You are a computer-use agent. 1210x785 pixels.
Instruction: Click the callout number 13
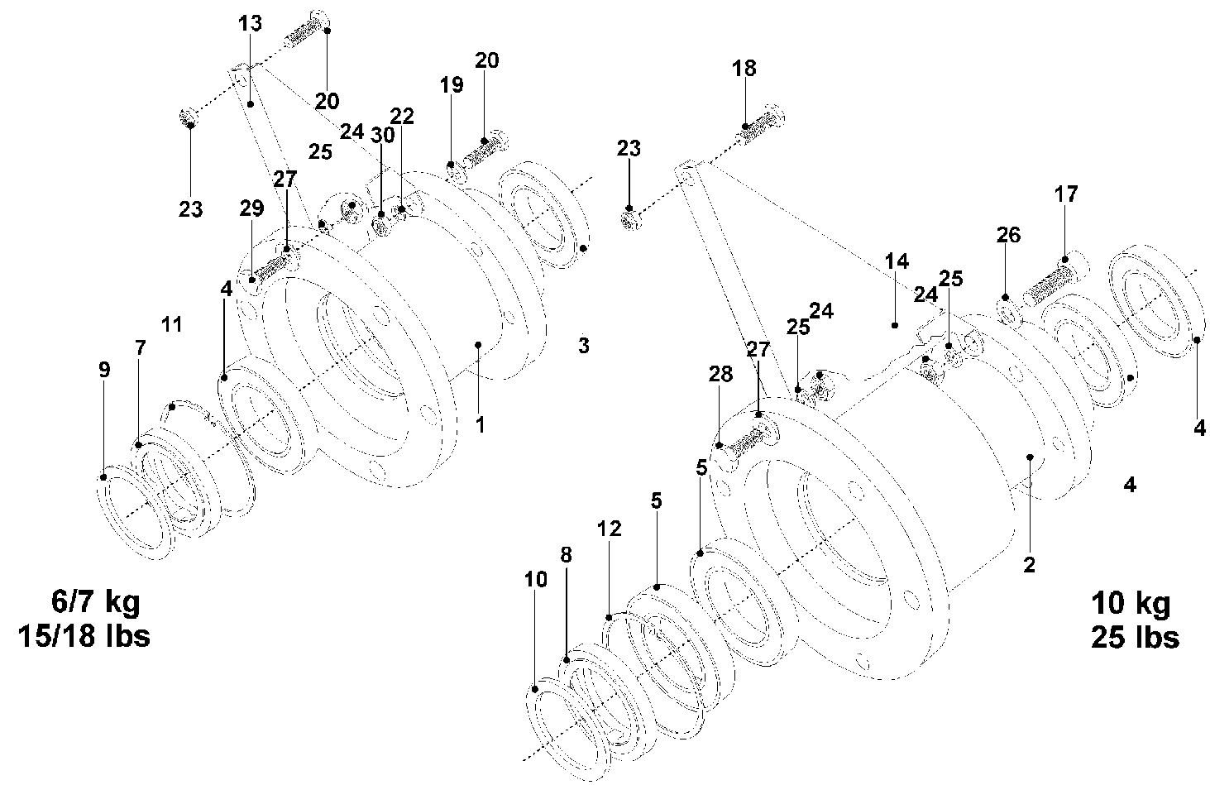[x=250, y=23]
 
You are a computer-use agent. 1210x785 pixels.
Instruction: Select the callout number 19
[x=452, y=84]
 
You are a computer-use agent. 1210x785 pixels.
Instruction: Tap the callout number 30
[x=381, y=136]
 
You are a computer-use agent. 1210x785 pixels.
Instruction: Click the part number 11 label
[x=171, y=324]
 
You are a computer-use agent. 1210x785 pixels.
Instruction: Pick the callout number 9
[x=103, y=370]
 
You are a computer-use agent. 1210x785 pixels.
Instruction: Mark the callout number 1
[x=480, y=424]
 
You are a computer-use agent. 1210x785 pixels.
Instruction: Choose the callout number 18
[x=744, y=68]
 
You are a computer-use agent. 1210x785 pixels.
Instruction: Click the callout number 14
[x=897, y=262]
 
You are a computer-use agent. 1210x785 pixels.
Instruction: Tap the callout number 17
[x=1066, y=194]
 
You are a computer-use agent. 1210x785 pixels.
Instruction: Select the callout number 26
[x=1008, y=235]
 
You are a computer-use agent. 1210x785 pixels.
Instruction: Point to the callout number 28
[x=720, y=374]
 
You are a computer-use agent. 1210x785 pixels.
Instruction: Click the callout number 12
[x=609, y=528]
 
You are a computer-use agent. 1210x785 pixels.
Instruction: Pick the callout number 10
[x=536, y=579]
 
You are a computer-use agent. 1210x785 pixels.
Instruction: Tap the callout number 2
[x=1029, y=565]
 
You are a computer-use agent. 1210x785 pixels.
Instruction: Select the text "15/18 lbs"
[x=84, y=636]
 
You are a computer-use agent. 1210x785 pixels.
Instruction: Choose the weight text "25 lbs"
[x=1135, y=638]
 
